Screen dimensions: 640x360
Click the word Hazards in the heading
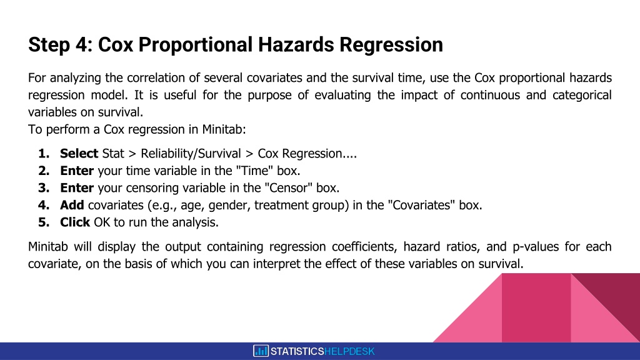(x=296, y=44)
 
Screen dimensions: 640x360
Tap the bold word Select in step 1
(x=79, y=154)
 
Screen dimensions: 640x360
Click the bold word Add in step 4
(x=72, y=205)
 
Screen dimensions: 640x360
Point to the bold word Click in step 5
(x=75, y=222)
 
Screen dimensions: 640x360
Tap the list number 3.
(x=44, y=187)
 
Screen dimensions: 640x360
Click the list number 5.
(x=44, y=222)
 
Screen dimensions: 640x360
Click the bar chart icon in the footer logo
(x=261, y=351)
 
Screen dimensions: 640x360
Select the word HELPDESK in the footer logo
(x=349, y=351)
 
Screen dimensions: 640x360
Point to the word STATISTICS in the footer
(x=297, y=351)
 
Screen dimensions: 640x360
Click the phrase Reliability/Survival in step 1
(x=191, y=154)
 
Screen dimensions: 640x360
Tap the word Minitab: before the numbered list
(x=224, y=129)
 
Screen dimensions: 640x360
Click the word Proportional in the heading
(x=196, y=44)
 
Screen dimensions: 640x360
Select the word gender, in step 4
(x=230, y=205)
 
